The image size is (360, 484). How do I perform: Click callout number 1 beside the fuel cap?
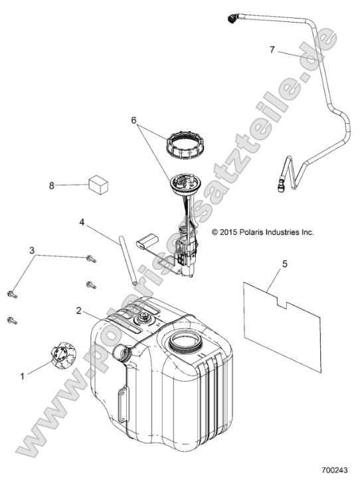(x=22, y=376)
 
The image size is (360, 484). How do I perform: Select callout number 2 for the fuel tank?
(x=79, y=310)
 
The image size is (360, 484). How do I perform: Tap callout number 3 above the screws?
(x=32, y=251)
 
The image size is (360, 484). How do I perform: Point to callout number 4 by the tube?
(x=82, y=222)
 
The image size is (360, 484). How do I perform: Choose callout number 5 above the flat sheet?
(x=285, y=264)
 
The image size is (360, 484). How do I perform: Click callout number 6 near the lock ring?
(x=134, y=120)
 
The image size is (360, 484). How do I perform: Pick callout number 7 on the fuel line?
(x=272, y=50)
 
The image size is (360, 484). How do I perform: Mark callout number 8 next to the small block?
(x=52, y=185)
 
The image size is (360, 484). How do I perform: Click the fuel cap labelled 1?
(x=63, y=355)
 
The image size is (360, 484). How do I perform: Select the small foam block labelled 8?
(x=98, y=185)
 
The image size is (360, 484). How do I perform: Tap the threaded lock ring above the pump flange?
(x=184, y=144)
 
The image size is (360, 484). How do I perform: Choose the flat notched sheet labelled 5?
(x=282, y=326)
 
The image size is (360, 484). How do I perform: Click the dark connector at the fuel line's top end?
(x=232, y=19)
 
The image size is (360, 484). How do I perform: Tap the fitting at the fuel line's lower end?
(x=281, y=185)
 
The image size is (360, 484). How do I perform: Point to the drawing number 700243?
(x=335, y=470)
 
